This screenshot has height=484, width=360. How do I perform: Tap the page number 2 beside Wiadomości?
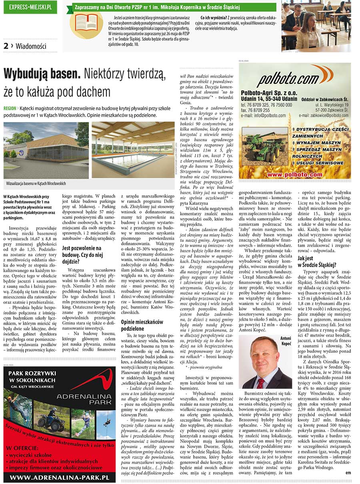coord(6,46)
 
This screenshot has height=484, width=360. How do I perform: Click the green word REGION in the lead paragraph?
coord(10,108)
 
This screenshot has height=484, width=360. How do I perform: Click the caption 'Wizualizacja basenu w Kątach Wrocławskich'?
coord(36,183)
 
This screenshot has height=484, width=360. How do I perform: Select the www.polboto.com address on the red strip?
coord(295,175)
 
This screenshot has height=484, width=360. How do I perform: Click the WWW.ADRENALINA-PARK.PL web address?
coord(60,478)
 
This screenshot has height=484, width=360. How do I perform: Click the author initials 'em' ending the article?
coord(348,473)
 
